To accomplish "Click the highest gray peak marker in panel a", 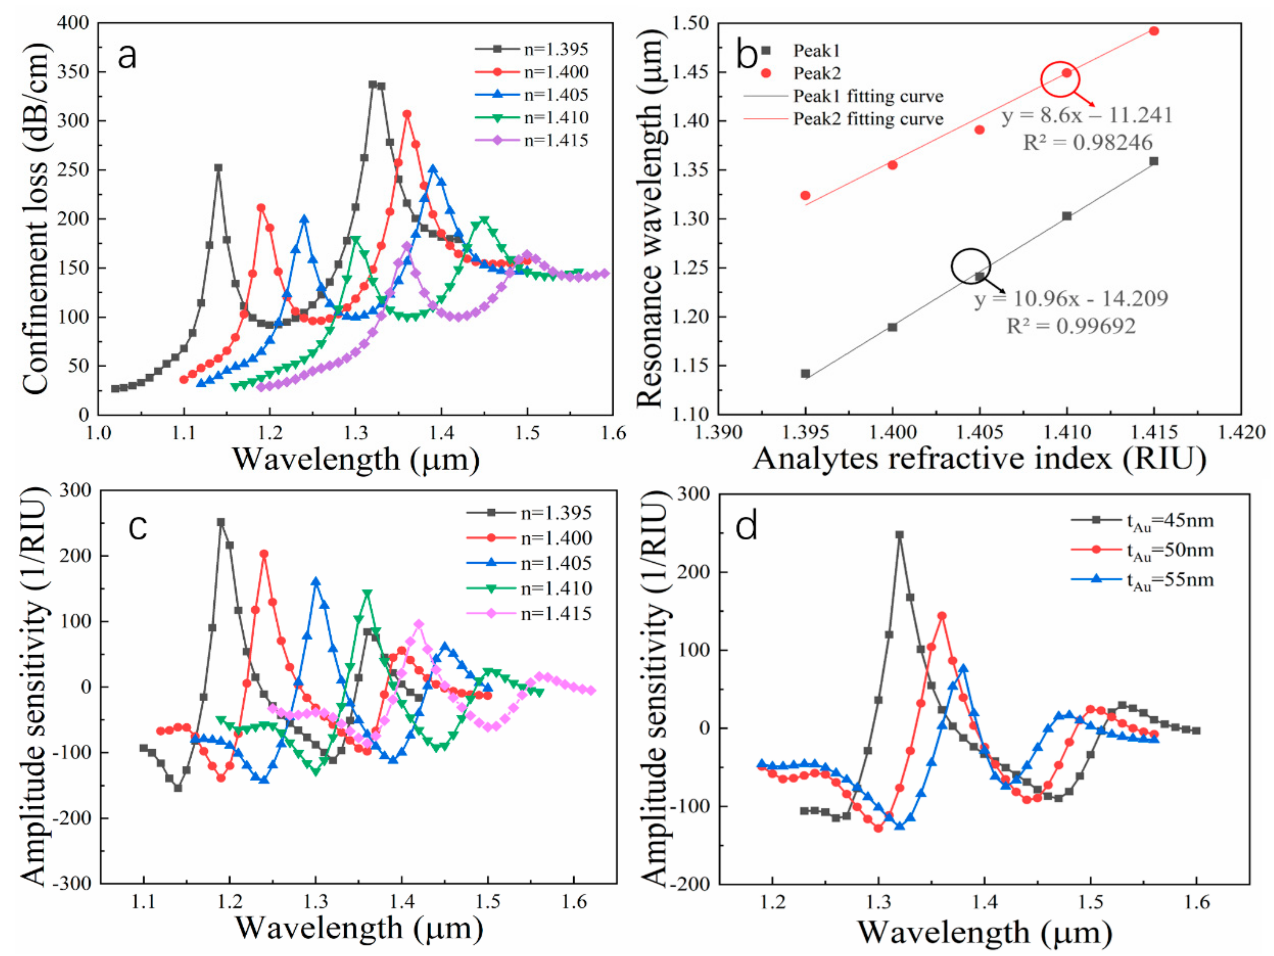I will click(x=373, y=85).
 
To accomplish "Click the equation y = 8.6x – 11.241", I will click(x=1087, y=116).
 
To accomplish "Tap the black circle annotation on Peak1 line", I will click(x=971, y=266).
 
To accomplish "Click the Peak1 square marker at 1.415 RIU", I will click(x=1154, y=161).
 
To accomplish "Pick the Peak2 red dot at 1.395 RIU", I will click(x=805, y=195).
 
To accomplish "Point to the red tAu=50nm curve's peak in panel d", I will click(x=942, y=615).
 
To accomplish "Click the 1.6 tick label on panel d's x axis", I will click(x=1197, y=902).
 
